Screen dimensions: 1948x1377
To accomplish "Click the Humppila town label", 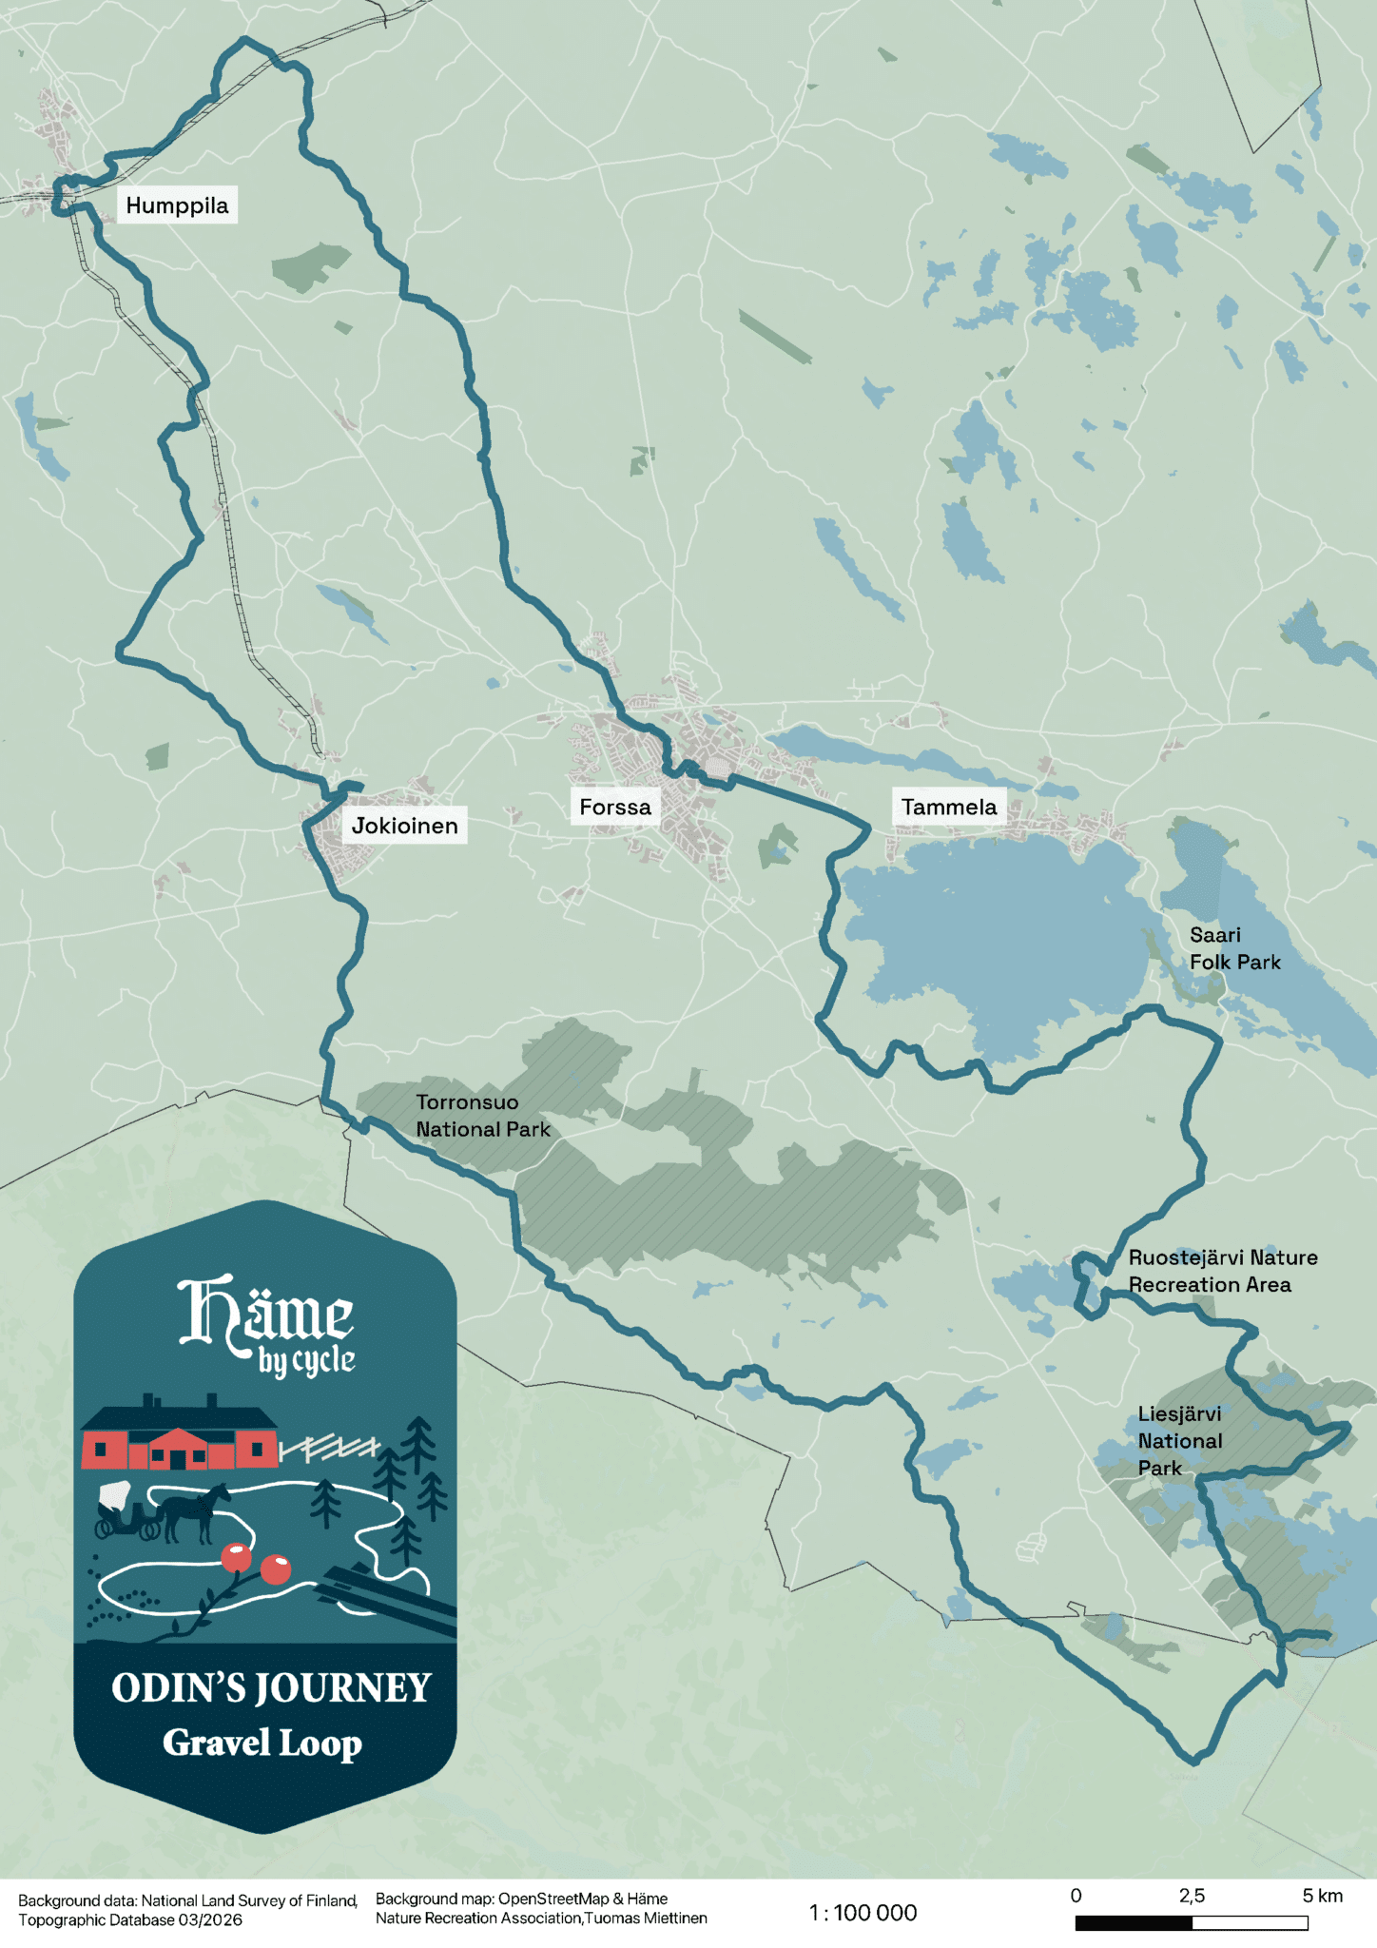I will tap(177, 205).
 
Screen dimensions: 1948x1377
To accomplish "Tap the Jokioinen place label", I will tap(404, 826).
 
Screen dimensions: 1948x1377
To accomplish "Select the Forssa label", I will tap(615, 808).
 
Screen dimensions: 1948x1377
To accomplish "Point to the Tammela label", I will tap(948, 808).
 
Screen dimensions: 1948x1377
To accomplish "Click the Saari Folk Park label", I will tap(1233, 948).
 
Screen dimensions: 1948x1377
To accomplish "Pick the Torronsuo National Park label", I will tap(482, 1116).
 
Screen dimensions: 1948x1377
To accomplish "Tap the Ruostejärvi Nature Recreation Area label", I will tap(1222, 1271).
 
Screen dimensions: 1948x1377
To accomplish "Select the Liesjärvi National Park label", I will tap(1179, 1441).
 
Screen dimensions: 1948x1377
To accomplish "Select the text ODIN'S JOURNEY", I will tap(271, 1688).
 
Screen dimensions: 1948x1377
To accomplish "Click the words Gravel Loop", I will tap(262, 1743).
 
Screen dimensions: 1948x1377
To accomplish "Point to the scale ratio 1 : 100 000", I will tap(863, 1913).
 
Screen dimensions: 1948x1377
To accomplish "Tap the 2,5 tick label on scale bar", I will tap(1192, 1896).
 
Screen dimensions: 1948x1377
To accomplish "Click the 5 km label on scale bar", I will tap(1322, 1896).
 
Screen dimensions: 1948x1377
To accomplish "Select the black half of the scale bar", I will tap(1133, 1922).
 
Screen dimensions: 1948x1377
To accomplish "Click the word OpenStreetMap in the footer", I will tap(553, 1899).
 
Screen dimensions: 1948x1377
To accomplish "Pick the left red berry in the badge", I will tap(236, 1557).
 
